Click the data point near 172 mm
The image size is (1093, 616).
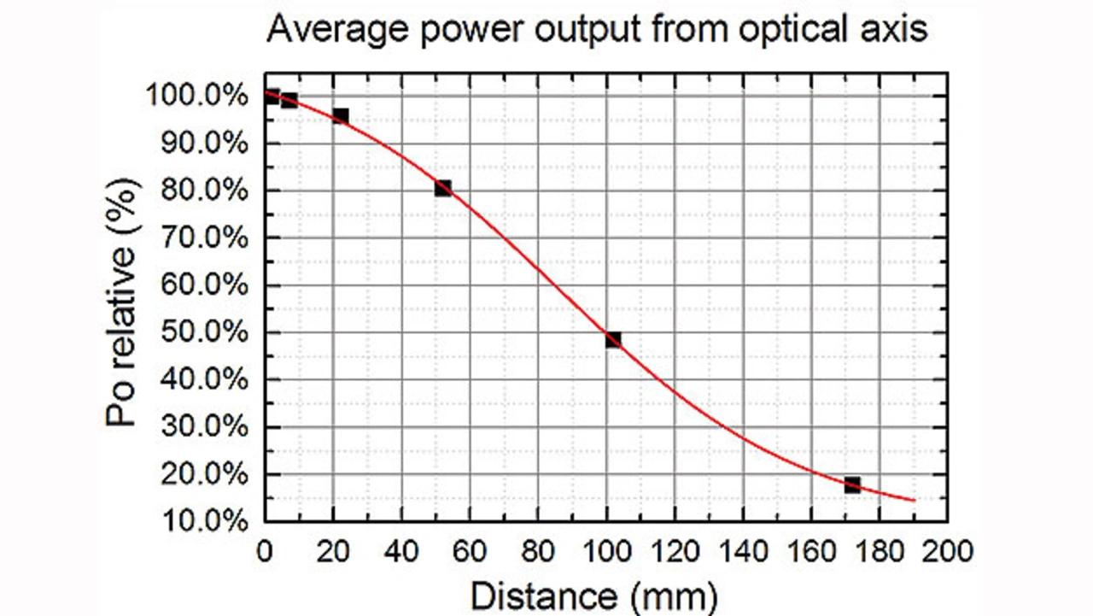(x=852, y=485)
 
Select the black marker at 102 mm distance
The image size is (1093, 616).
(x=613, y=340)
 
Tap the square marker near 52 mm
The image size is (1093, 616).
(x=442, y=188)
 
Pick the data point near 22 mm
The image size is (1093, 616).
(x=340, y=115)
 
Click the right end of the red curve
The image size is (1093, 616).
(x=915, y=500)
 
